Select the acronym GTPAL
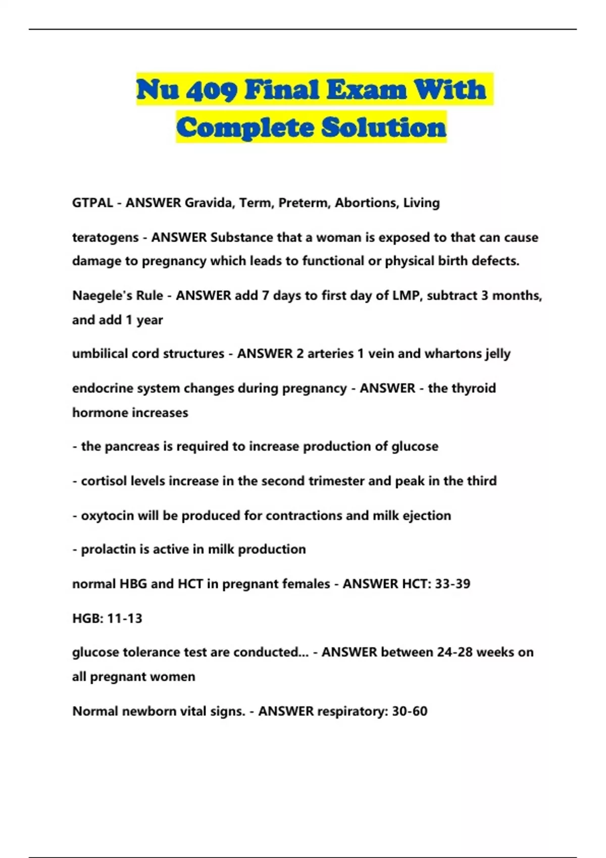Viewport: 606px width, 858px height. [x=92, y=203]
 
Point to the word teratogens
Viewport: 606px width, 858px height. [x=105, y=238]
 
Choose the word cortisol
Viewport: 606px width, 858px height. [x=104, y=481]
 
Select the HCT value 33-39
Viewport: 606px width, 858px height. [x=452, y=584]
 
